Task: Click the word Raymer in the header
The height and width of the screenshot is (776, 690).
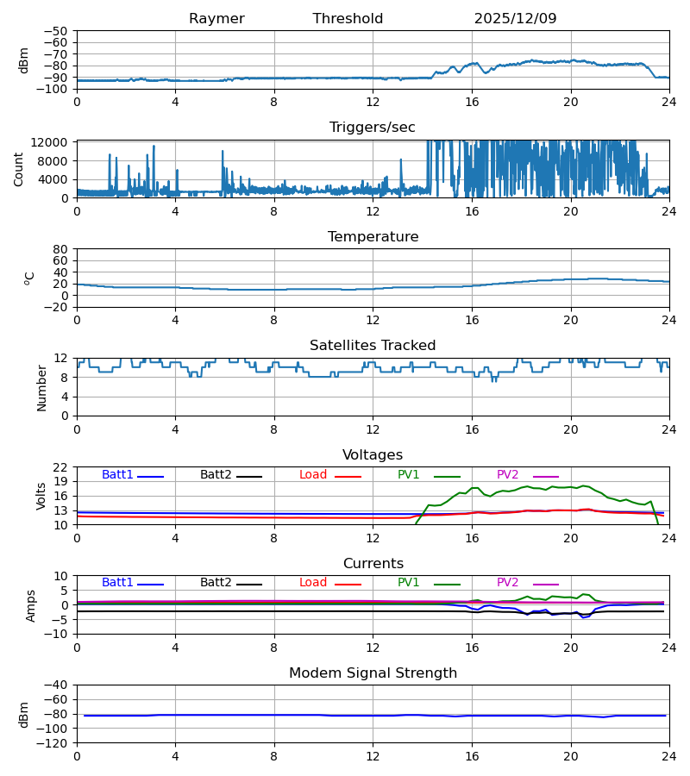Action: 216,19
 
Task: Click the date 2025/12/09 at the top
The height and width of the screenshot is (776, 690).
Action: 515,19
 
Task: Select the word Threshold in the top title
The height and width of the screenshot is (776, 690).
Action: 348,19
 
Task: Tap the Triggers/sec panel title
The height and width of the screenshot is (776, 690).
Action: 373,128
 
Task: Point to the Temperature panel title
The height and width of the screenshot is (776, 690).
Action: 373,237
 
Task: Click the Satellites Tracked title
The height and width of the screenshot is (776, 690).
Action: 373,346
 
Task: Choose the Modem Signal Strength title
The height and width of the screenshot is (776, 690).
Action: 373,673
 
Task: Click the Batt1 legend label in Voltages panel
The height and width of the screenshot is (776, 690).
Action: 117,475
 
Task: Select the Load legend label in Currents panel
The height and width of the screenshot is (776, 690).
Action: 313,583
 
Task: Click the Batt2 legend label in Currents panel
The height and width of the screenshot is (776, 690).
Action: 216,583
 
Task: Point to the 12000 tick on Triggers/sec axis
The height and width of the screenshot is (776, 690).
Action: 53,142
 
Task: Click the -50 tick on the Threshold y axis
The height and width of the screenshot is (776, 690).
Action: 60,31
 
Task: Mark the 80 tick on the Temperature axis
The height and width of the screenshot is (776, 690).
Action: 61,249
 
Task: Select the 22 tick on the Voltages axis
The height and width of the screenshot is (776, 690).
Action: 61,467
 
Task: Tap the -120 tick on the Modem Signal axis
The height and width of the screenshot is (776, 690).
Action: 57,743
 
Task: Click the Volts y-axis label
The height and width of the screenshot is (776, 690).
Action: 41,496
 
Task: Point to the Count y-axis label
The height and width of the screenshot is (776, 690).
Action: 19,169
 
